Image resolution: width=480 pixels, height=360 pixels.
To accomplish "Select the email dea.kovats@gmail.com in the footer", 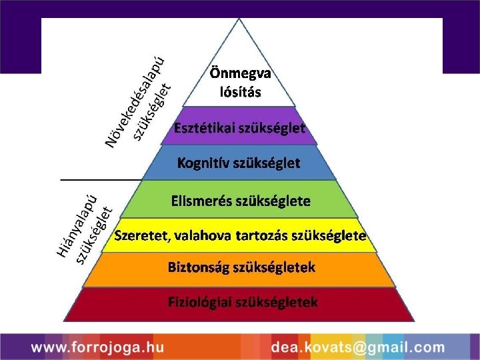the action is (x=357, y=347).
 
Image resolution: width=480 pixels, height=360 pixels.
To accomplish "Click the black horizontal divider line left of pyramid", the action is (x=101, y=180).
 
